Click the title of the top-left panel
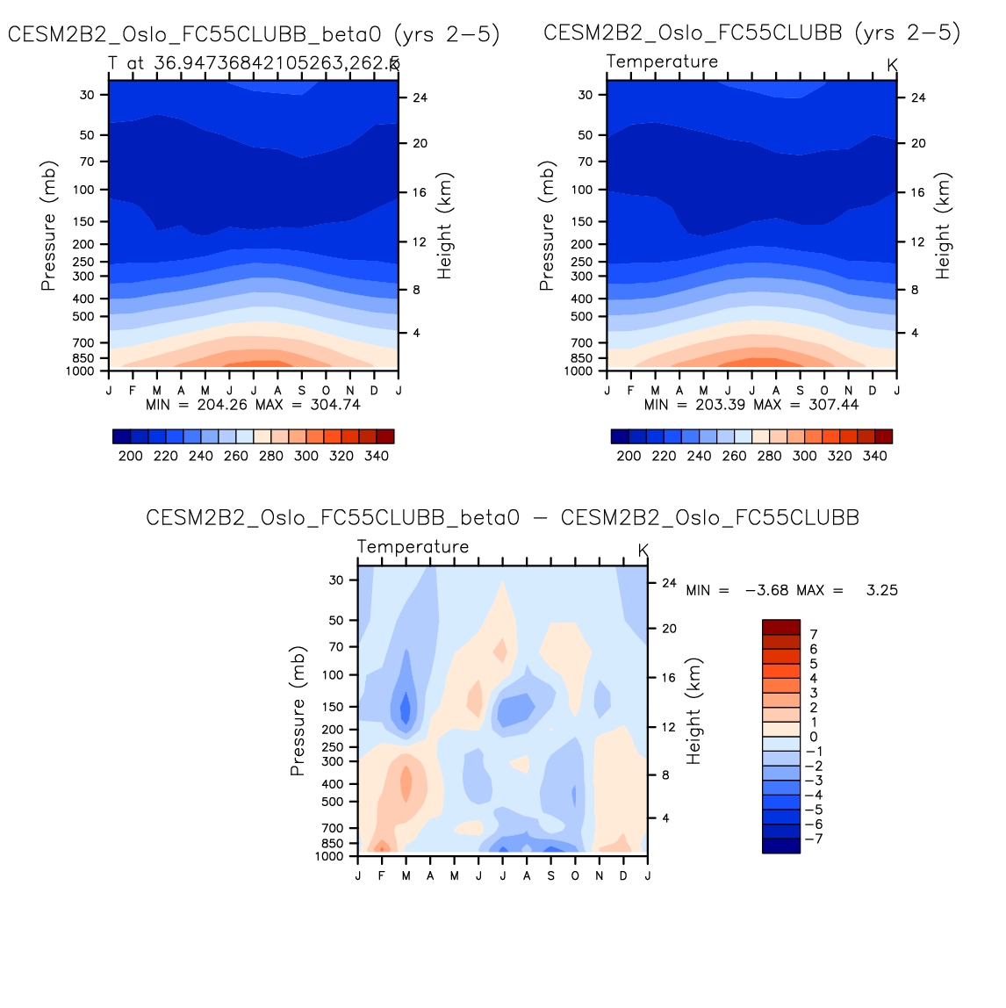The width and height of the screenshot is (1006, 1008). coord(254,34)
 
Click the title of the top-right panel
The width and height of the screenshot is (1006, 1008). coord(752,33)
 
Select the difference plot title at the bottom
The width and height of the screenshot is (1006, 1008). coord(502,518)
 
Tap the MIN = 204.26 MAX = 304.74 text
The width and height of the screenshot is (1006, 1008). coord(253,405)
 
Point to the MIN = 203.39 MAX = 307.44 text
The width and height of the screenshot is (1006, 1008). coord(751,405)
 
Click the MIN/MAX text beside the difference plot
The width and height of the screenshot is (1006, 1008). coord(792,590)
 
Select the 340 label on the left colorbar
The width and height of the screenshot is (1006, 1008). coord(377,456)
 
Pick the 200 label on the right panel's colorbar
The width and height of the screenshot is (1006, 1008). coord(629,456)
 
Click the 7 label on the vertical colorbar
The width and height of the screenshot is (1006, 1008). coord(814,634)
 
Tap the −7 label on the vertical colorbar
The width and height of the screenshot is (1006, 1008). coord(814,839)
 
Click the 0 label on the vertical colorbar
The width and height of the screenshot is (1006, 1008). coord(814,737)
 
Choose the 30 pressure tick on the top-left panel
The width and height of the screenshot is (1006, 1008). coord(87,95)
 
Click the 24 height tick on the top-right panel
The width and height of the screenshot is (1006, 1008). coord(918,97)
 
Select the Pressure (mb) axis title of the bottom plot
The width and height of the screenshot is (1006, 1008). coord(298,711)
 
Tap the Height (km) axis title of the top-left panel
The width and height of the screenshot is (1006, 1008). coord(445,226)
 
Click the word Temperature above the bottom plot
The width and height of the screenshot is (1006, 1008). coord(413,547)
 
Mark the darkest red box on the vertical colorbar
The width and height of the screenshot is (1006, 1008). coord(781,626)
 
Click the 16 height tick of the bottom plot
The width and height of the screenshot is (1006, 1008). coord(669,678)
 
